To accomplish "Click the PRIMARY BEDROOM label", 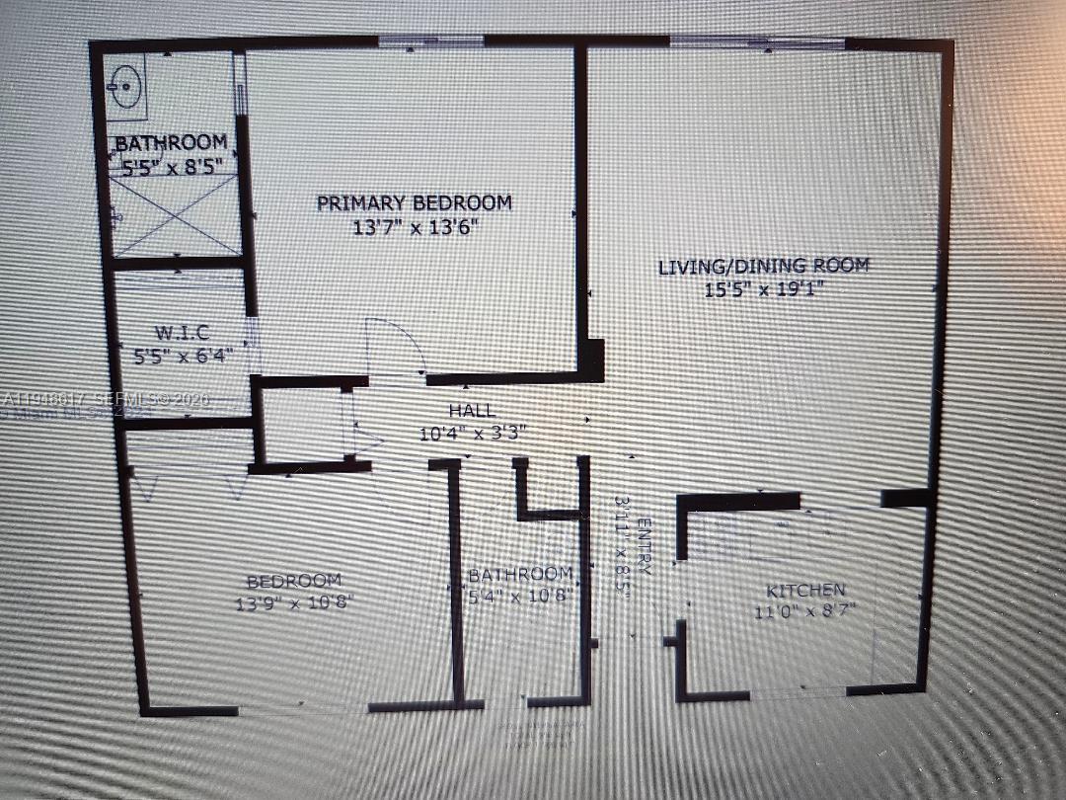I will click(x=415, y=203).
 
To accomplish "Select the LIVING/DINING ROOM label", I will click(x=764, y=266).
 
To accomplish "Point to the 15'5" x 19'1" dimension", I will click(x=764, y=289).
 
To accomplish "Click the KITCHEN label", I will click(x=805, y=591).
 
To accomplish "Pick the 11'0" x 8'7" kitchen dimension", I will click(x=805, y=611).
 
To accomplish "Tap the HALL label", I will click(x=472, y=411).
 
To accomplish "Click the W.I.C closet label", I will click(x=181, y=332).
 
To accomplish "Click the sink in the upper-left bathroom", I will click(x=126, y=87).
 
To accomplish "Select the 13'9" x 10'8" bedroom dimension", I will click(x=293, y=600).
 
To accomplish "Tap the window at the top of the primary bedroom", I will click(x=431, y=41).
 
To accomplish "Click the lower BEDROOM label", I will click(x=293, y=581).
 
